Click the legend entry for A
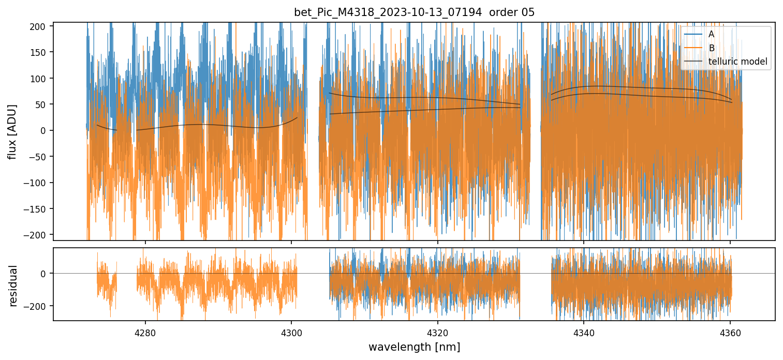coord(711,34)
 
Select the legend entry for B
coord(711,48)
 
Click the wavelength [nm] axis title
coord(414,347)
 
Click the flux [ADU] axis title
coord(12,131)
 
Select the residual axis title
coord(13,285)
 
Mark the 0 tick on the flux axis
coord(45,130)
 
